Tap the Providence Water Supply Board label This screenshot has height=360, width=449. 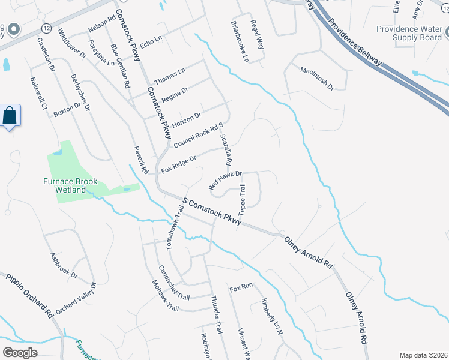409,33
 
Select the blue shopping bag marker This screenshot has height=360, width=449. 10,115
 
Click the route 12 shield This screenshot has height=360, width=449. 46,28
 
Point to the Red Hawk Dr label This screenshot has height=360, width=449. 224,181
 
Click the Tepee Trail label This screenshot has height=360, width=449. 243,200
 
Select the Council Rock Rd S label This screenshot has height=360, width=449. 198,136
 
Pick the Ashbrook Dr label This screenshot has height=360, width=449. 64,265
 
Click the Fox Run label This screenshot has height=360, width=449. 241,289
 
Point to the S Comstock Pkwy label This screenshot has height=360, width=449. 212,211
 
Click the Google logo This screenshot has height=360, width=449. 20,352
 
